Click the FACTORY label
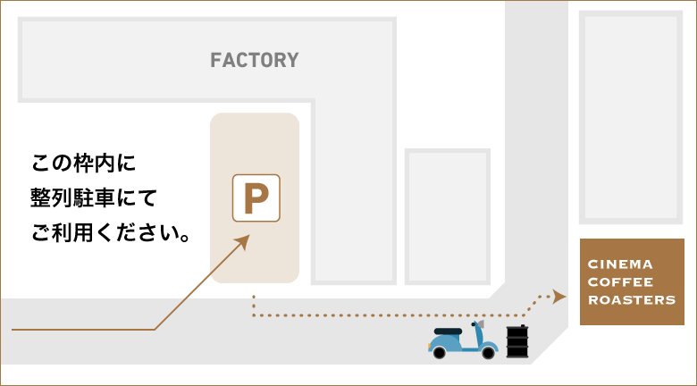coord(254,61)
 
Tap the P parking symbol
coord(256,197)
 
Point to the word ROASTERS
coord(631,300)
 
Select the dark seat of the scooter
coord(447,331)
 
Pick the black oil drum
coord(516,343)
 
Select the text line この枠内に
coord(82,164)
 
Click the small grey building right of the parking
coord(448,215)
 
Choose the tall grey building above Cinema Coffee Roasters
coord(632,117)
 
